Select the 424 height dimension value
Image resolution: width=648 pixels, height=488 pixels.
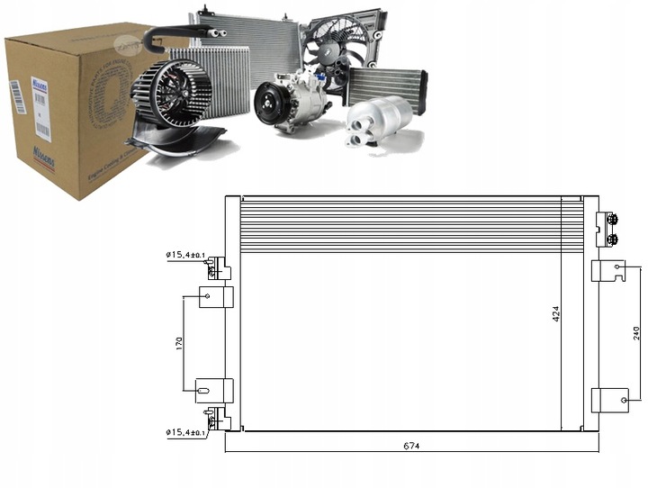click(555, 313)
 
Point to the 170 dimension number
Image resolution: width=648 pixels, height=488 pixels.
click(178, 343)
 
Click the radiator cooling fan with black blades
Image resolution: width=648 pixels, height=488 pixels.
click(340, 50)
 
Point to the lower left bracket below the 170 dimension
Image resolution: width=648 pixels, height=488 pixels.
click(214, 391)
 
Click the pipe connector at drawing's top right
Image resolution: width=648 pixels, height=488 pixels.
click(609, 229)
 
